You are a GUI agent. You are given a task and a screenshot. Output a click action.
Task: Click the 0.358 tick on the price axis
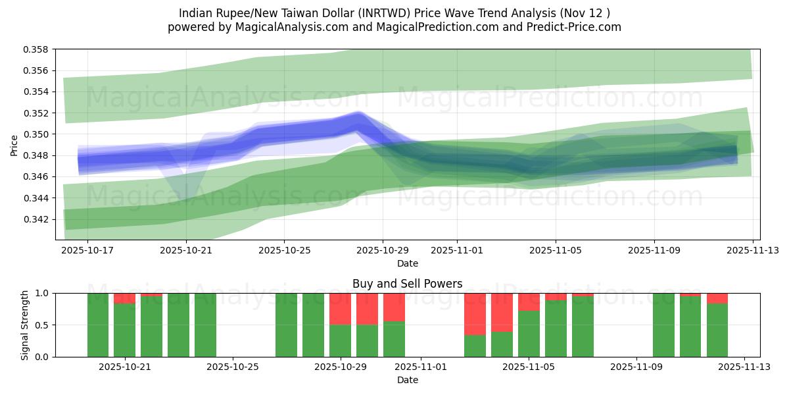point(37,49)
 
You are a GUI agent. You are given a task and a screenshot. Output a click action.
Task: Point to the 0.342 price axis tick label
point(37,219)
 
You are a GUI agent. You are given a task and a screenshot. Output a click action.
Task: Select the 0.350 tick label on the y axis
point(37,134)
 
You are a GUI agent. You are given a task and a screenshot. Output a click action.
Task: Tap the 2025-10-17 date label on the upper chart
point(87,250)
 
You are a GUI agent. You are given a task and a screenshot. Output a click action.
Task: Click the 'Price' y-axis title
point(14,145)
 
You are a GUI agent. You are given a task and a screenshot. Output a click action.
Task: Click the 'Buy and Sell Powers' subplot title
point(407,284)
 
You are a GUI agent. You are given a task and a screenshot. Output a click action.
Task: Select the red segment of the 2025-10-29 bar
point(340,309)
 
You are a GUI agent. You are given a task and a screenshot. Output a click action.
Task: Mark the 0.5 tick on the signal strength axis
point(44,325)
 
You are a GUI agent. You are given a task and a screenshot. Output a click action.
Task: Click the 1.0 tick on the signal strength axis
point(44,293)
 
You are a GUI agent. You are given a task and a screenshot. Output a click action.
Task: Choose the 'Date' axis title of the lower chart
point(407,380)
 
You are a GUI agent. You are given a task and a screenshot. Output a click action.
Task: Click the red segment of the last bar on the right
point(717,298)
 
